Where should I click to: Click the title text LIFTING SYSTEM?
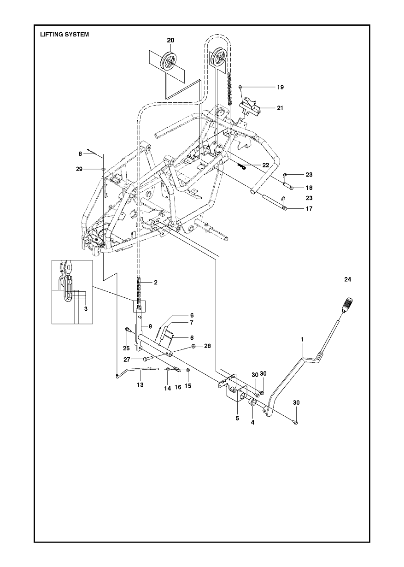pyautogui.click(x=64, y=35)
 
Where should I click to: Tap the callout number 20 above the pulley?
pyautogui.click(x=170, y=40)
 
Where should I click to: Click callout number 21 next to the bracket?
pyautogui.click(x=280, y=108)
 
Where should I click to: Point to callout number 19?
pyautogui.click(x=280, y=87)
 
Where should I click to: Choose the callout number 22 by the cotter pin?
pyautogui.click(x=266, y=165)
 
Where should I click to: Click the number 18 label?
pyautogui.click(x=309, y=188)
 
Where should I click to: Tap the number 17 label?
pyautogui.click(x=309, y=208)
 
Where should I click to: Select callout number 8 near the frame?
pyautogui.click(x=80, y=154)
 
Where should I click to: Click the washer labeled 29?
pyautogui.click(x=103, y=169)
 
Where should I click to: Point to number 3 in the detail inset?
pyautogui.click(x=86, y=309)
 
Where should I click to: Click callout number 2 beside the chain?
pyautogui.click(x=156, y=282)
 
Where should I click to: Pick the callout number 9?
pyautogui.click(x=150, y=326)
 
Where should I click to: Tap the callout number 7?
pyautogui.click(x=192, y=323)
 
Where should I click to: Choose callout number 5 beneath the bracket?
pyautogui.click(x=237, y=419)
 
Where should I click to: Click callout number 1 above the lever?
pyautogui.click(x=302, y=339)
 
